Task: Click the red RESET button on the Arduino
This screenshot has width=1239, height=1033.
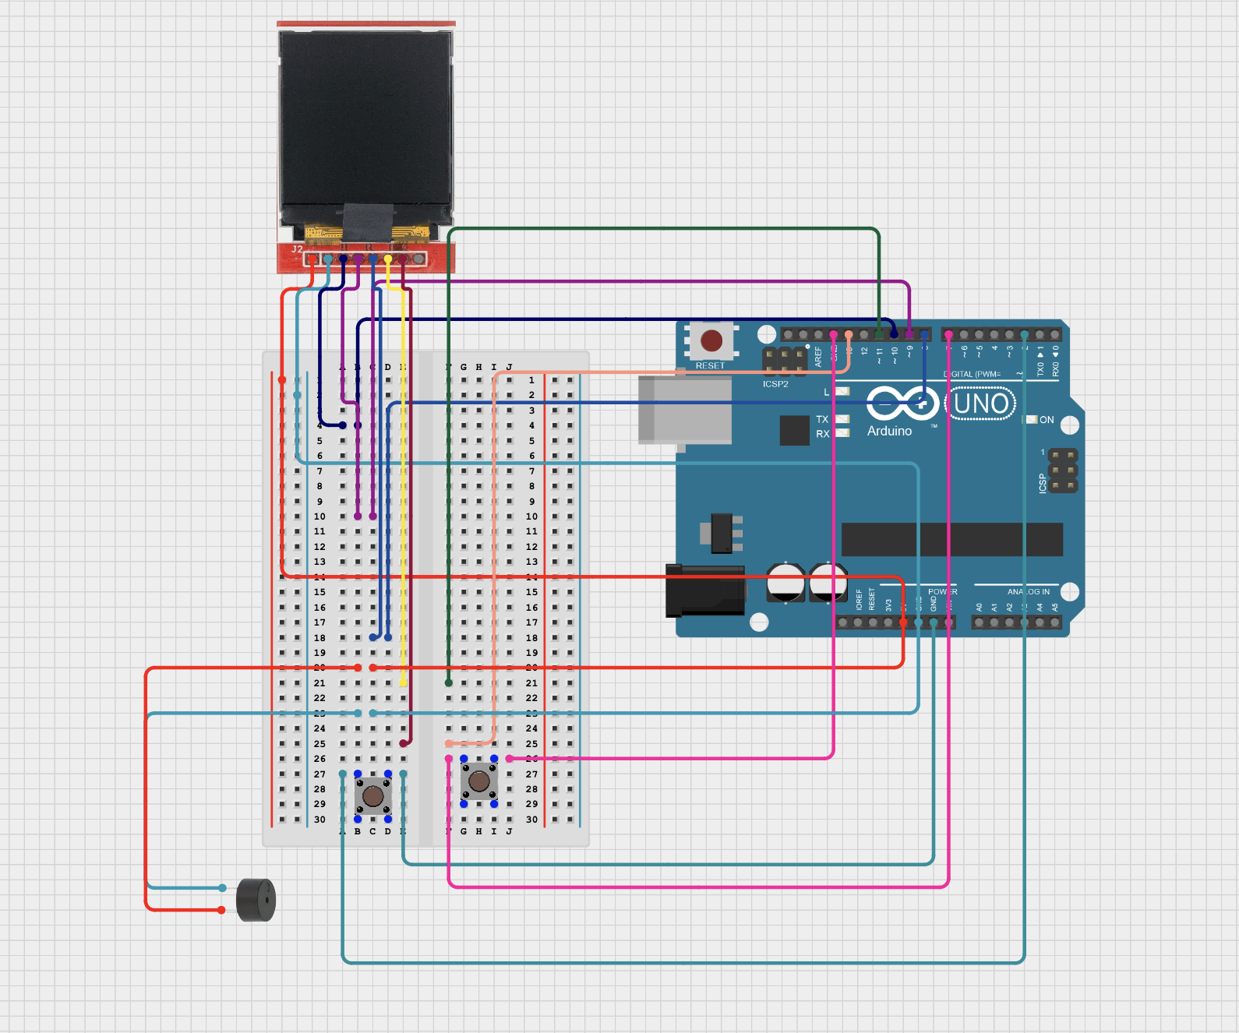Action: coord(711,340)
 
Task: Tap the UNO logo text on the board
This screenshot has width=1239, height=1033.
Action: coord(980,404)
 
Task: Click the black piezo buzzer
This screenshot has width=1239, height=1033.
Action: coord(256,900)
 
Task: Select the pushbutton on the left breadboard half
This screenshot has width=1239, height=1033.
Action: coord(373,796)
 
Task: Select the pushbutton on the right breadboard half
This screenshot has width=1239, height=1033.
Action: coord(478,781)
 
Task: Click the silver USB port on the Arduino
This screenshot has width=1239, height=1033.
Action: coord(684,410)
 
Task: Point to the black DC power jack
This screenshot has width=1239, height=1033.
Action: coord(704,591)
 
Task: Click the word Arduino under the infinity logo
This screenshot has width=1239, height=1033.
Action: coord(889,431)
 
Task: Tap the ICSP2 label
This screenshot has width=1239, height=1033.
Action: coord(775,384)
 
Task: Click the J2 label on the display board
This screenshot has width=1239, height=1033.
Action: coord(297,249)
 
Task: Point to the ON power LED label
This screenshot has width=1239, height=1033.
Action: coord(1047,420)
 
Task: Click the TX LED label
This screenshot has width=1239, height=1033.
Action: coord(822,419)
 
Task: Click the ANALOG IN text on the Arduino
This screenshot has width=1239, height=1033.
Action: coord(1028,592)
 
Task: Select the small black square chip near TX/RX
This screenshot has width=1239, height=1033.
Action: coord(794,430)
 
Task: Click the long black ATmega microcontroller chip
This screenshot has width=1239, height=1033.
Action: coord(951,539)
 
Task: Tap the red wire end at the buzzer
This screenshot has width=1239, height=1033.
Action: coord(221,910)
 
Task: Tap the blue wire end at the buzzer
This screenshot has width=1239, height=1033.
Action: coord(222,888)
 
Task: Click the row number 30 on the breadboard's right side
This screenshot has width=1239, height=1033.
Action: coord(531,820)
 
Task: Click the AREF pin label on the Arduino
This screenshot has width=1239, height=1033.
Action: coord(818,357)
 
